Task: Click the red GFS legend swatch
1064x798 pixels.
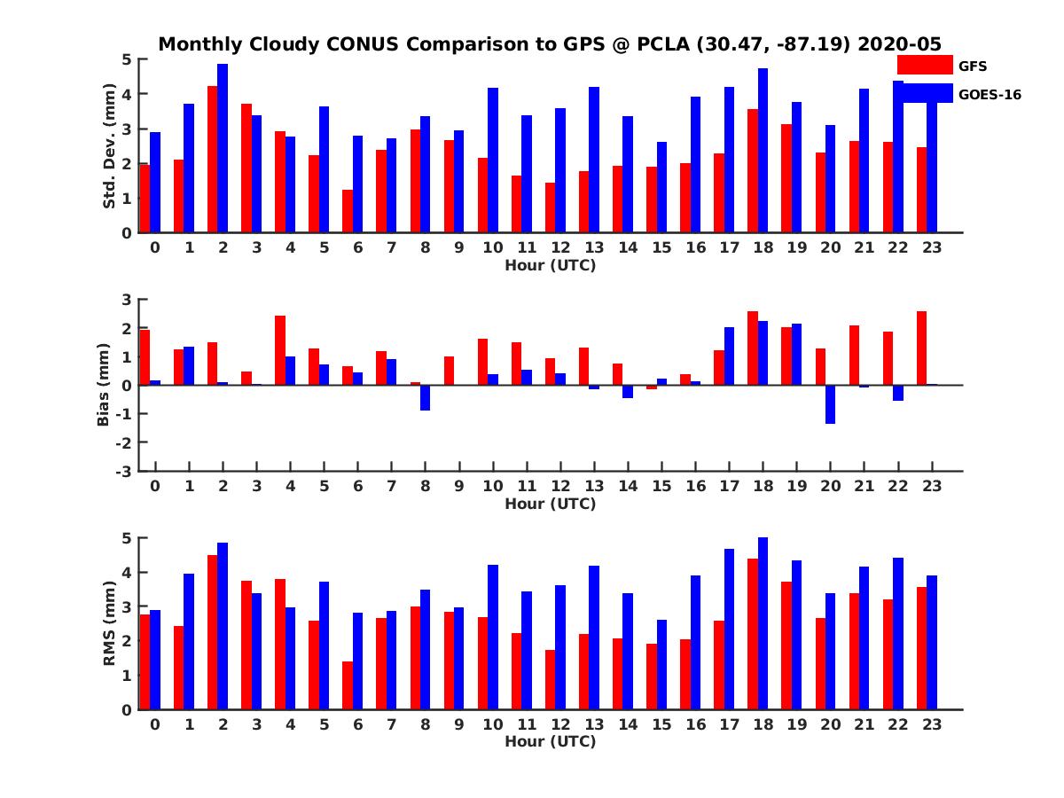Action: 924,65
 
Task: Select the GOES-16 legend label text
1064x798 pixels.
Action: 990,94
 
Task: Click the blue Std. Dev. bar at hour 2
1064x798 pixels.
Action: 223,148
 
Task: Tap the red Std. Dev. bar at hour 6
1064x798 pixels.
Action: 348,211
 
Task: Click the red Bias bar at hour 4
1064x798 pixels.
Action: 280,350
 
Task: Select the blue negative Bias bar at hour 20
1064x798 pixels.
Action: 831,404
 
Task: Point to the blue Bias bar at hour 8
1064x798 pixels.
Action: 426,398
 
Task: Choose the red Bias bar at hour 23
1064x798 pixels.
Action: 922,348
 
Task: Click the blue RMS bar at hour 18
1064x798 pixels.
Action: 763,623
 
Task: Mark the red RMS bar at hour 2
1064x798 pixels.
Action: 213,632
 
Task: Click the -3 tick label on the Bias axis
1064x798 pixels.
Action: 128,471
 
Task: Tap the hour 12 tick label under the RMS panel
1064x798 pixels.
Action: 560,724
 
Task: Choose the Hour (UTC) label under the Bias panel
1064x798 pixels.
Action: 550,504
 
